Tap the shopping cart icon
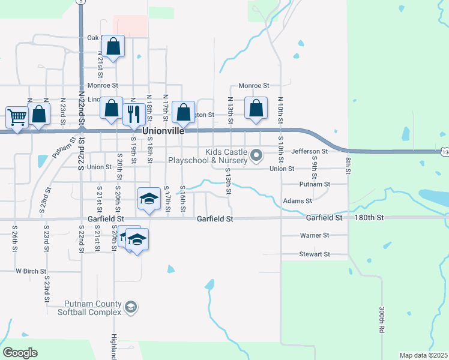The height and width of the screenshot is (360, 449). coord(17,116)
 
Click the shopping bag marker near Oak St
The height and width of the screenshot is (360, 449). coord(113,46)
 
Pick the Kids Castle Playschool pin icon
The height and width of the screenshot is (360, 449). coord(256,156)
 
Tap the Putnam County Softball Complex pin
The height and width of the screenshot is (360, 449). coord(130,308)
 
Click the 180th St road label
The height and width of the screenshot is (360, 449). coord(369,218)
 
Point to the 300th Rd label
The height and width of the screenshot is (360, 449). coord(381,320)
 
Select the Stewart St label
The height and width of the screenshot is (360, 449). coord(315,254)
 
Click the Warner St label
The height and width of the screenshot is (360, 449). coord(314,236)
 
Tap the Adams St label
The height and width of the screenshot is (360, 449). coord(297,201)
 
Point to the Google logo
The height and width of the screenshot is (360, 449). coord(20,353)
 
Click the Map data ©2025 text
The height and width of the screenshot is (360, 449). coord(423,355)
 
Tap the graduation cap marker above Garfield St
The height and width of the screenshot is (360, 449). coord(149,199)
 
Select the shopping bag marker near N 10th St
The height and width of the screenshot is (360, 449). coord(256,109)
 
